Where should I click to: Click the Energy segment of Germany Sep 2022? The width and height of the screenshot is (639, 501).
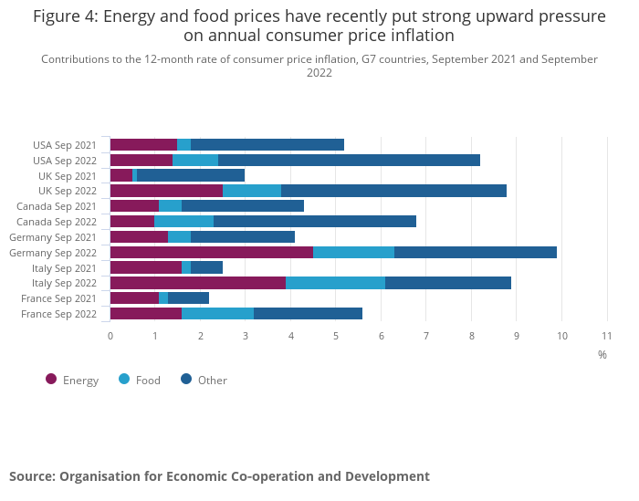click(212, 252)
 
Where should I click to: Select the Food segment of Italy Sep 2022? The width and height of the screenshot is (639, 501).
click(335, 283)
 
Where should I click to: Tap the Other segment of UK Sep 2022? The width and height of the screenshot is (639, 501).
click(393, 191)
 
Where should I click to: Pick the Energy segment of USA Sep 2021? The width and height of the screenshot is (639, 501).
click(143, 144)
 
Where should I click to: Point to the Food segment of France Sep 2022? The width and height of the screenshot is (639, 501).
click(217, 314)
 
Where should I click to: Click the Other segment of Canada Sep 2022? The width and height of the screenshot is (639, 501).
click(315, 221)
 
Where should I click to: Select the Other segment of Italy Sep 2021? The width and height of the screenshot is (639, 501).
click(206, 267)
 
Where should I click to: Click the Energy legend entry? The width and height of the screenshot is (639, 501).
click(72, 380)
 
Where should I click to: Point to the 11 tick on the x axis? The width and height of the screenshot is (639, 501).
click(607, 336)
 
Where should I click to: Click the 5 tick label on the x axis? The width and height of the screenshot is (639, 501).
click(336, 336)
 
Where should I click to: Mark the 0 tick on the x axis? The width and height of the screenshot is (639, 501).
click(110, 336)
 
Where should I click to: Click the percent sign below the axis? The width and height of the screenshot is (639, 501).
click(602, 354)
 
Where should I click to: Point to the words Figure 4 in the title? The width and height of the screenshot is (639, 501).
click(66, 16)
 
